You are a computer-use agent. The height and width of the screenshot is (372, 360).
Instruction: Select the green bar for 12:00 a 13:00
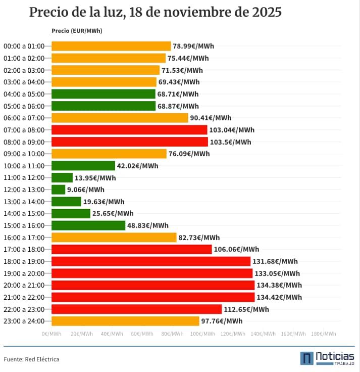click(59, 190)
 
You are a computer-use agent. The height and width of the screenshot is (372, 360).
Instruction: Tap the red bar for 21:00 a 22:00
click(153, 297)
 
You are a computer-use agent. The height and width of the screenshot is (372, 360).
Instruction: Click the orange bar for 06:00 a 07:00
click(120, 118)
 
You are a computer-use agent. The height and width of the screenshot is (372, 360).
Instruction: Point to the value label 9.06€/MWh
click(86, 190)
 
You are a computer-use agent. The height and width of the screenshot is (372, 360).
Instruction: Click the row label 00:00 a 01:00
click(24, 46)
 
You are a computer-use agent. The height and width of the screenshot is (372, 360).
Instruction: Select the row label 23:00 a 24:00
click(24, 321)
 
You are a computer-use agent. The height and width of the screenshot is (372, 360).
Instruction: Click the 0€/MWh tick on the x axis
click(52, 334)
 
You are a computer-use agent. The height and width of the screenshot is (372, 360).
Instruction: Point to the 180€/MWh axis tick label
click(324, 334)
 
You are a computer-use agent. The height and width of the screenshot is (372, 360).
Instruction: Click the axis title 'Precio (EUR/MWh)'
click(77, 31)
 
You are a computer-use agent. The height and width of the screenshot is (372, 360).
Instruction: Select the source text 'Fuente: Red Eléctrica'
click(31, 359)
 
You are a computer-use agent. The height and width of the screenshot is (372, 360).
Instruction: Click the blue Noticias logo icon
click(306, 358)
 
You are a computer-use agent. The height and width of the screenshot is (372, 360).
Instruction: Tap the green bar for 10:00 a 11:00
click(83, 166)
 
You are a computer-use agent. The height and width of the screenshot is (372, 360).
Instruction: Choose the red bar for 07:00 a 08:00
click(129, 130)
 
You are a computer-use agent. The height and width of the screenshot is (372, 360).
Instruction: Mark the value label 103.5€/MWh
click(230, 142)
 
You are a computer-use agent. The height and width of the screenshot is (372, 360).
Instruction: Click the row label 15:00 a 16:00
click(24, 225)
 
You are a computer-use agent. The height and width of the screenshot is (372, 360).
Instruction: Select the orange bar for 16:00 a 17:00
click(114, 238)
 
